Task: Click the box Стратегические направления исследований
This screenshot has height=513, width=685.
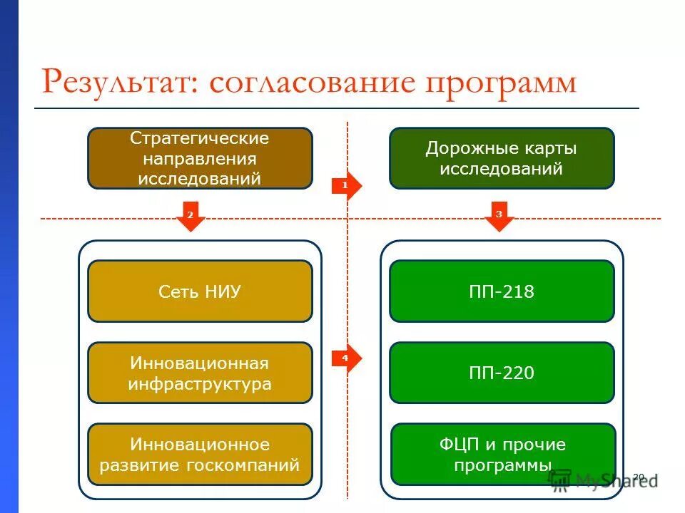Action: tap(200, 158)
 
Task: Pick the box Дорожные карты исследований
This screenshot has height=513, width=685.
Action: tap(501, 158)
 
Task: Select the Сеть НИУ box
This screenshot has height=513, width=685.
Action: tap(200, 291)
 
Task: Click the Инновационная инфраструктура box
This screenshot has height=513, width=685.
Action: tap(200, 373)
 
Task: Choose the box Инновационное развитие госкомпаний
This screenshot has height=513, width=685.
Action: tap(200, 455)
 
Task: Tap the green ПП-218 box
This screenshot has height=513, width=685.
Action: tap(501, 291)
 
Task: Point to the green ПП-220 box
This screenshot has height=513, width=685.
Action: tap(501, 373)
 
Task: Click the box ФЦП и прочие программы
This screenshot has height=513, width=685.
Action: tap(501, 455)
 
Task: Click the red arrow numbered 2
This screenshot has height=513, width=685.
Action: tap(190, 216)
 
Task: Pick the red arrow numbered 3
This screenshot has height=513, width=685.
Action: tap(499, 216)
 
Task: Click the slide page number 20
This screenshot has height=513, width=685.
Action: tap(639, 476)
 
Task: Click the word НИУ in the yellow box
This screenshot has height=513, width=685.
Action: tap(223, 291)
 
